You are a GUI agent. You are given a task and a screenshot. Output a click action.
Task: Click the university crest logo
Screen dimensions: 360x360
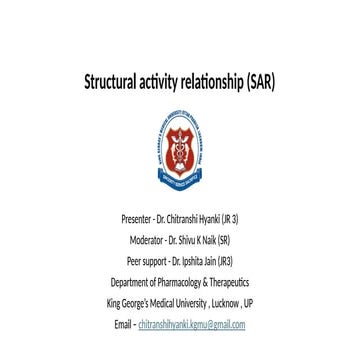click(x=180, y=141)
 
